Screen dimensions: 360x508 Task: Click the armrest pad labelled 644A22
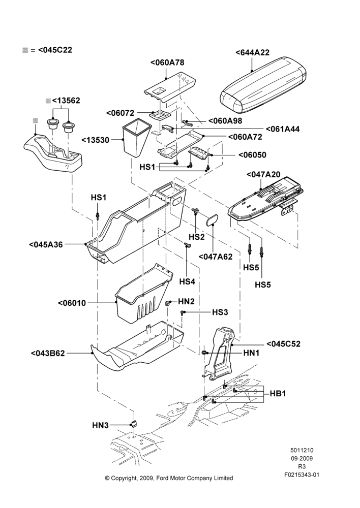263,85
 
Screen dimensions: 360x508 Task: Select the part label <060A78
167,62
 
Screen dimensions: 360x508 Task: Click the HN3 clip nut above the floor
133,424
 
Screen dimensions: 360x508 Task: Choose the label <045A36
46,245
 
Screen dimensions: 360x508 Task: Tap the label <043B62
48,353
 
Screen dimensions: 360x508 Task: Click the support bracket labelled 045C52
222,355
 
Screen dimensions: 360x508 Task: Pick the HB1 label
278,394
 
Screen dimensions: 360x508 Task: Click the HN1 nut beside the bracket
204,353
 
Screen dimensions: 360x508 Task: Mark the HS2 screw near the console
196,211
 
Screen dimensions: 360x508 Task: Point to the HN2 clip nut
168,303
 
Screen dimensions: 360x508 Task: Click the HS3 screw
183,312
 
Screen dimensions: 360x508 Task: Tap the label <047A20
264,174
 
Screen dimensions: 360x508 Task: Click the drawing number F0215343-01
302,475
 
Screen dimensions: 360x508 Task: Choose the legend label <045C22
55,50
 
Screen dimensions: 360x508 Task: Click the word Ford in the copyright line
163,478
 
